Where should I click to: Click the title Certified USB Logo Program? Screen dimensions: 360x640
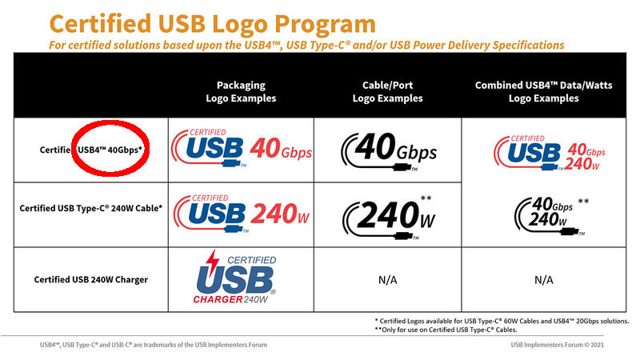coord(202,22)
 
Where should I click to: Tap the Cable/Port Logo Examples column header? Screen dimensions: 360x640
coord(387,91)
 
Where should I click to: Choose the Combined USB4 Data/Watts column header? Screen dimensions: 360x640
coord(544,91)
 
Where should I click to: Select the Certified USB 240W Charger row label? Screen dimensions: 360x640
coord(90,279)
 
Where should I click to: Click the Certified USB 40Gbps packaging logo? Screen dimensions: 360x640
coord(242,149)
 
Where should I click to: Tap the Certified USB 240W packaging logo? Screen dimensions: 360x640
coord(240,213)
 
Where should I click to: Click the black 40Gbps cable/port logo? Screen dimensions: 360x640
coord(387,149)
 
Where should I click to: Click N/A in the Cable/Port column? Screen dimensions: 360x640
coord(388,281)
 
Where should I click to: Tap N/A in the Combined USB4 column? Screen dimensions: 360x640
coord(544,281)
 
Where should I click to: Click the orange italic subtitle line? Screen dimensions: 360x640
coord(308,44)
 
